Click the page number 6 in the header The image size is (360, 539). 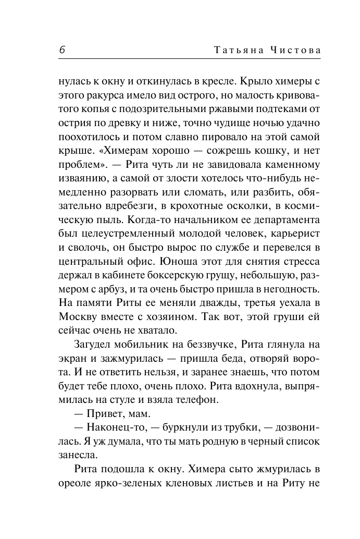[61, 50]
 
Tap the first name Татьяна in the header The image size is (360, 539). [233, 50]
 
